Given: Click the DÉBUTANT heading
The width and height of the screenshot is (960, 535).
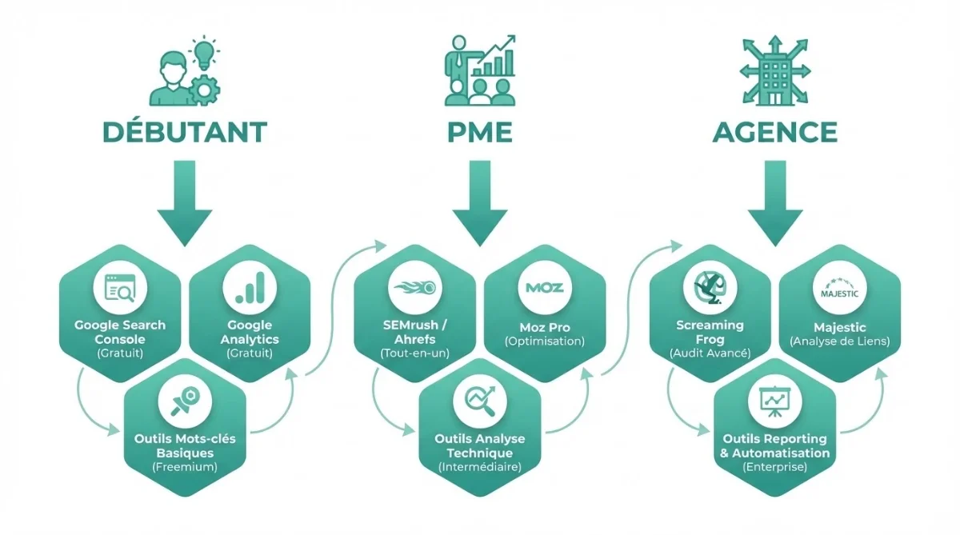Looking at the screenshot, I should click(184, 132).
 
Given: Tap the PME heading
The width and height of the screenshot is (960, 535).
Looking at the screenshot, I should click(480, 132).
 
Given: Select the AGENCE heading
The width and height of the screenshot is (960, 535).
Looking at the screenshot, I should click(775, 132).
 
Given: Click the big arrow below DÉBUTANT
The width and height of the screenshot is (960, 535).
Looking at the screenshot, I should click(184, 200).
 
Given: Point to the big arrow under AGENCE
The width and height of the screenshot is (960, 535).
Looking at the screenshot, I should click(775, 200).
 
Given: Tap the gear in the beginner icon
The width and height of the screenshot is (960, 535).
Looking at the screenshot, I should click(205, 90).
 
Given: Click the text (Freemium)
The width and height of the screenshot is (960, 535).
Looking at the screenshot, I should click(185, 466).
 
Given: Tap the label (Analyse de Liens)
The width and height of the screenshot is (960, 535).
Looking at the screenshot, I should click(839, 341).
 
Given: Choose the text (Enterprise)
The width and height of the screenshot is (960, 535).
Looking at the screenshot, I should click(774, 466).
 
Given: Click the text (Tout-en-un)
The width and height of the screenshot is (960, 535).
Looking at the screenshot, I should click(414, 353).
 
